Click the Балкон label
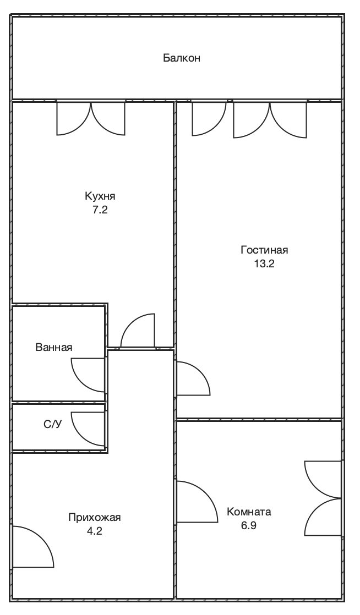pos(181,58)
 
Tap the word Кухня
pos(100,196)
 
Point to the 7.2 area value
pos(100,210)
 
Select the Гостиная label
pos(264,250)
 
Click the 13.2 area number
pos(264,263)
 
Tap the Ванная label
pos(54,347)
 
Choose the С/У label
pos(53,424)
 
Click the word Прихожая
pos(95,517)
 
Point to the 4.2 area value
pos(95,531)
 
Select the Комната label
pos(249,512)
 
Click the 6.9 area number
pos(249,525)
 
